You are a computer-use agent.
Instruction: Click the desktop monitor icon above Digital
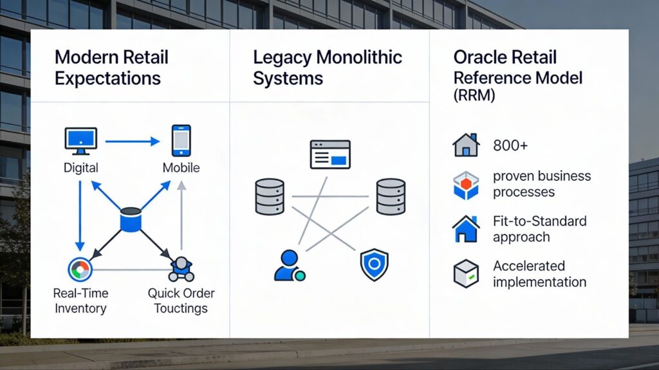tap(80, 141)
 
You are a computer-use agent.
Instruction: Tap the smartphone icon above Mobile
tap(181, 140)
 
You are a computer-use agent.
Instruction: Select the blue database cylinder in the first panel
tap(131, 219)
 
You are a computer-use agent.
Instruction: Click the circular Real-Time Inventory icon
tap(80, 268)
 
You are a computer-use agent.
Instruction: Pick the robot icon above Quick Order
tap(181, 268)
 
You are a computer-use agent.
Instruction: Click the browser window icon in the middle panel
tap(329, 154)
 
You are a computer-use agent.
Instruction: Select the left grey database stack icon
tap(270, 196)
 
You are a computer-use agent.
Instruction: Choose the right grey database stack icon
tap(391, 196)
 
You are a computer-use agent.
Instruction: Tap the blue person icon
tap(288, 265)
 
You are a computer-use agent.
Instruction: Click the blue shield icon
tap(374, 264)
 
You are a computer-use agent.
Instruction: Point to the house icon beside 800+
tap(467, 145)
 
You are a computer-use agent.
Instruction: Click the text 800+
tap(510, 145)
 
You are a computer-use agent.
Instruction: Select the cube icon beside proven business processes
tap(467, 184)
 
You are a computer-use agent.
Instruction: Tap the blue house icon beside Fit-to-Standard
tap(467, 229)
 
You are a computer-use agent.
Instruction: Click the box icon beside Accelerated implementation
tap(467, 273)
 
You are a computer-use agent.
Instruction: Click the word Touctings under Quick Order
tap(181, 308)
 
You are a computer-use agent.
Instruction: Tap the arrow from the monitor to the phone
tap(132, 141)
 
